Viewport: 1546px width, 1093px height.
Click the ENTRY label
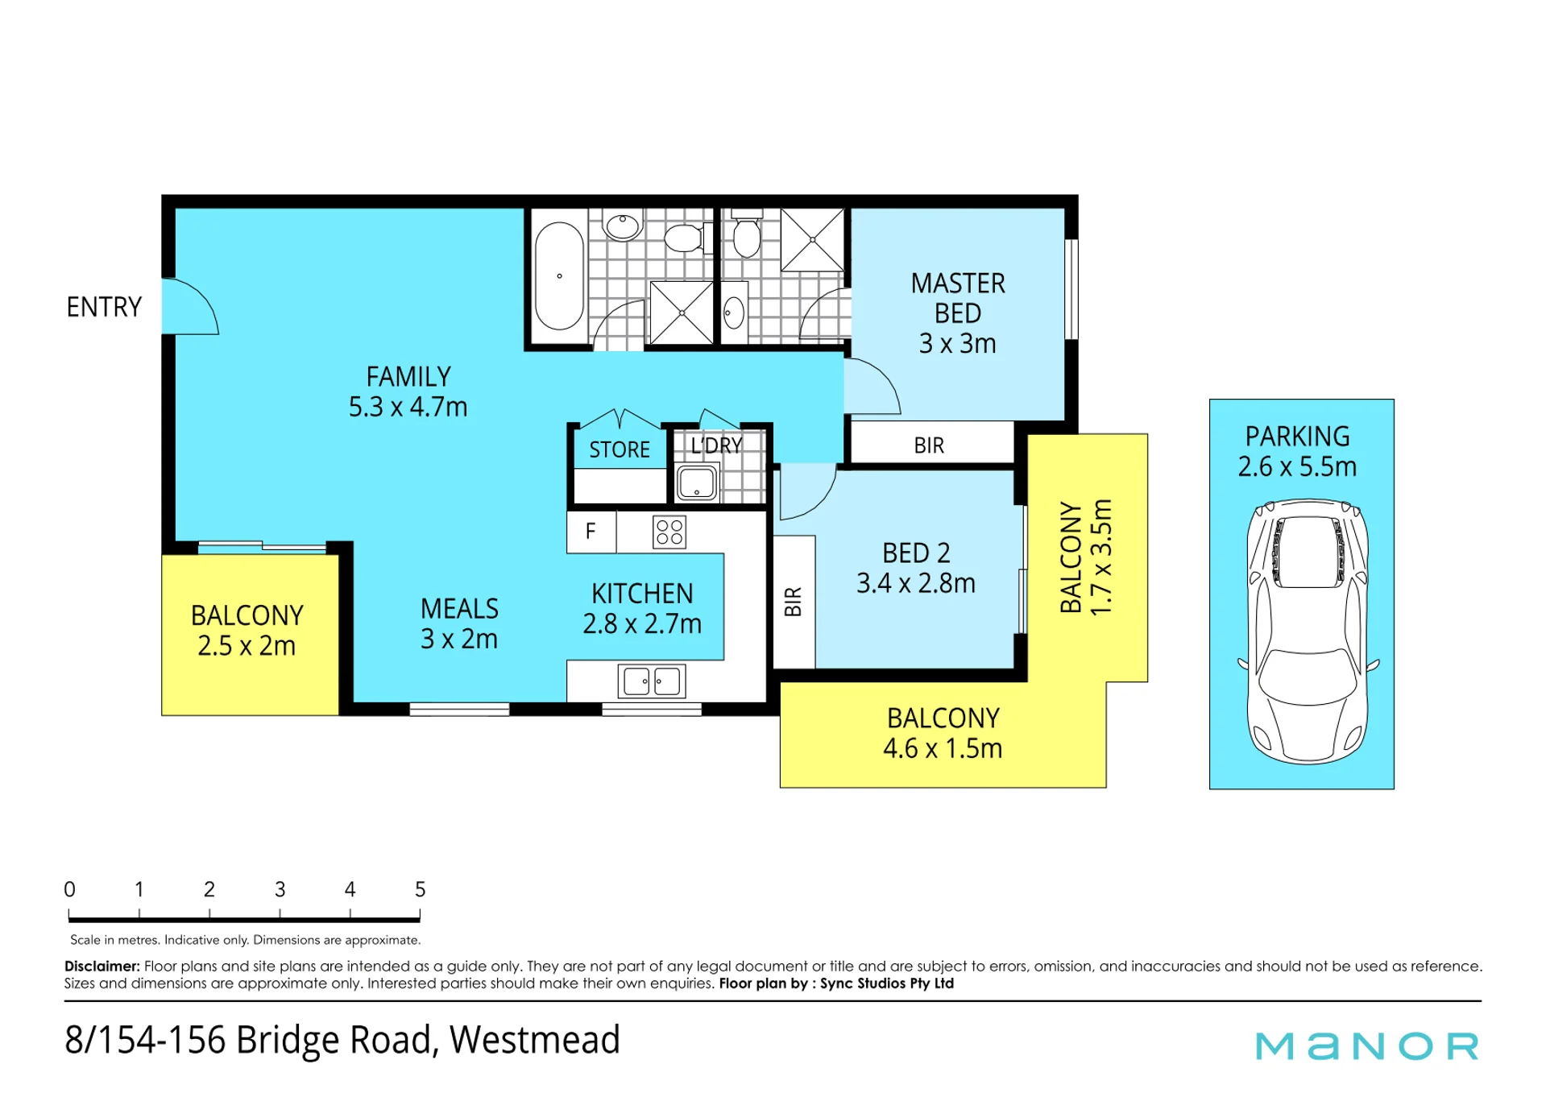coord(104,307)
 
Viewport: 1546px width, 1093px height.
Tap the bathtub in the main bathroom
coord(559,276)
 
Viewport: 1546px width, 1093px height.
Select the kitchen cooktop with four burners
coord(669,532)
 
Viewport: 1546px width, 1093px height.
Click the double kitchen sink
coord(652,681)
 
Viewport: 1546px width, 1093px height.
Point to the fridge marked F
coord(591,532)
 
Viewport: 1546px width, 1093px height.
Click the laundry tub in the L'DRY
coord(697,482)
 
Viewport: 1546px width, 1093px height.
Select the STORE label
coord(620,449)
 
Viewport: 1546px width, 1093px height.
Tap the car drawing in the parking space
coord(1308,631)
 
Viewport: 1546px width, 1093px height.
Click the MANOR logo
coord(1367,1045)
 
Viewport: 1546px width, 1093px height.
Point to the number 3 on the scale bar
coord(280,889)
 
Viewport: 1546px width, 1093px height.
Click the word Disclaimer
coord(102,966)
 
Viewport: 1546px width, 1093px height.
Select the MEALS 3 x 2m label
coord(459,623)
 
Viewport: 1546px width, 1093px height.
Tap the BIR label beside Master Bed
coord(929,445)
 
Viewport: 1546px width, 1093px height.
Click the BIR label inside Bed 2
coord(794,602)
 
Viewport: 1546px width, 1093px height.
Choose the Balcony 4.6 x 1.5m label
coord(943,733)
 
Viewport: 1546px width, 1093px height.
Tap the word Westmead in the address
coord(535,1039)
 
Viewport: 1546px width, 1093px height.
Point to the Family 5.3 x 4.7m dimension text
coord(408,407)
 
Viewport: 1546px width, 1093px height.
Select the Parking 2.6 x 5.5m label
coord(1297,451)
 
